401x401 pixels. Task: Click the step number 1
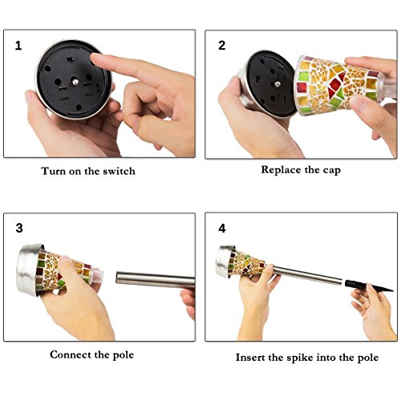click(18, 46)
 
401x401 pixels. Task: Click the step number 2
click(221, 46)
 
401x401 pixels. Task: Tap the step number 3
click(19, 228)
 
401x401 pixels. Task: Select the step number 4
click(222, 229)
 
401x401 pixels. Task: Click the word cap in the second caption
click(331, 171)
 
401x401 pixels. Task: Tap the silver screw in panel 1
click(75, 82)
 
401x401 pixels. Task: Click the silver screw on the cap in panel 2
click(278, 84)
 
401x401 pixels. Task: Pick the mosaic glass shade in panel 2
click(339, 85)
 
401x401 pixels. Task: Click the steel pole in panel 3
click(156, 280)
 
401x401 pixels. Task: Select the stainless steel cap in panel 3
click(28, 269)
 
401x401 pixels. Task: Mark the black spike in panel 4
click(369, 286)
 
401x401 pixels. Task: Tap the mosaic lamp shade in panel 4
click(247, 263)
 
